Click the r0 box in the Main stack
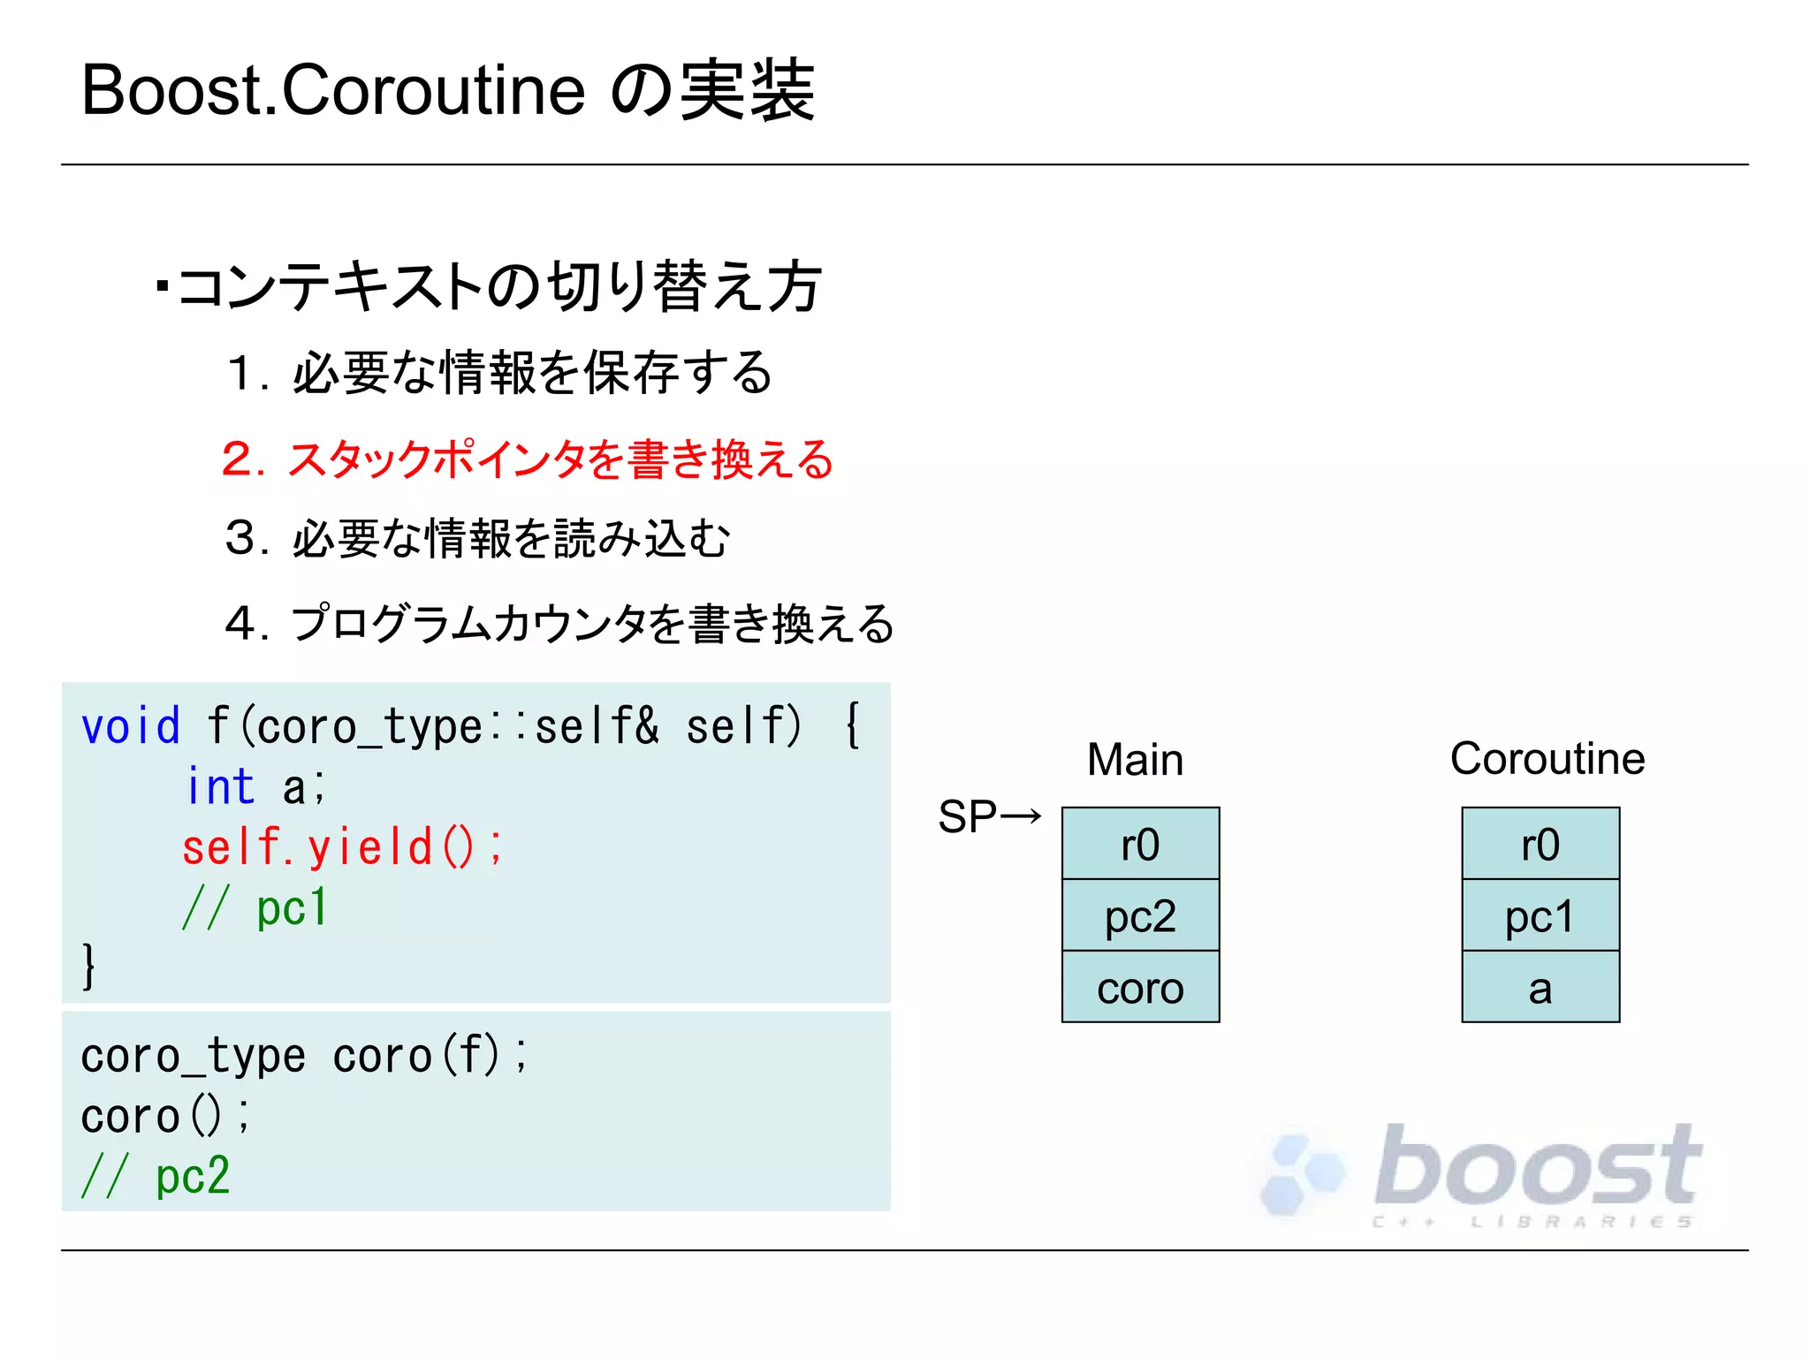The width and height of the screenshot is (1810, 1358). point(1140,844)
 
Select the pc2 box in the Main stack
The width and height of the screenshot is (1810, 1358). point(1140,915)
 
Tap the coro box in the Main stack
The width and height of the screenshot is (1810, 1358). point(1140,987)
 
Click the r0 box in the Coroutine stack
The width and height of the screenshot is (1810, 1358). point(1540,844)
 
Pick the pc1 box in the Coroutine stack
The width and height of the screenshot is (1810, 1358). point(1540,915)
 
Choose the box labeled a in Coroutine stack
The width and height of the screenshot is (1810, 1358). point(1540,987)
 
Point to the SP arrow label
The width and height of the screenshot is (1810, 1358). point(989,816)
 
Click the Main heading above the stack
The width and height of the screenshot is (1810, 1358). point(1135,759)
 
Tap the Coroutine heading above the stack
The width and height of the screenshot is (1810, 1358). point(1547,758)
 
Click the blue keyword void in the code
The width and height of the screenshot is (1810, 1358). point(130,726)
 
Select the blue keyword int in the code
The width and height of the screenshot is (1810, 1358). point(220,786)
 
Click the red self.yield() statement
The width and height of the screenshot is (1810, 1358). point(342,846)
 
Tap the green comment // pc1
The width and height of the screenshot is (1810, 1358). point(255,907)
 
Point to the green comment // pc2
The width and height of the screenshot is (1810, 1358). point(156,1176)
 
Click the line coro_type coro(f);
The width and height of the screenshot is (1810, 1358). point(304,1056)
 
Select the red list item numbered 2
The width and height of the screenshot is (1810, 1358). point(528,459)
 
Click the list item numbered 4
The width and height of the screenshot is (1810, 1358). point(559,624)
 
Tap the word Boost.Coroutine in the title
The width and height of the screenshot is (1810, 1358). point(333,90)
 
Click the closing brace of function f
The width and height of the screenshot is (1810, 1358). point(87,965)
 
